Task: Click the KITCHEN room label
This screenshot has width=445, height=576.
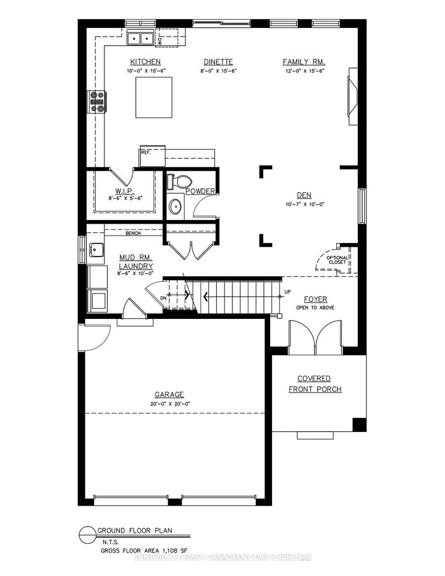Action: [145, 62]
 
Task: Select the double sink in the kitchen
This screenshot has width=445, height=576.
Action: [140, 40]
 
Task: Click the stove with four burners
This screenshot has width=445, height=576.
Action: [98, 102]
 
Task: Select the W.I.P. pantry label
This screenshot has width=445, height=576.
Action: [125, 191]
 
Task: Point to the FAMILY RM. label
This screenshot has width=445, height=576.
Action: [304, 62]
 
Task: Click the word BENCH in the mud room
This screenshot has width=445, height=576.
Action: [133, 233]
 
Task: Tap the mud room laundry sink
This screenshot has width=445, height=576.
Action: [96, 250]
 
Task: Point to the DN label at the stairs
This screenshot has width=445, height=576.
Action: [163, 297]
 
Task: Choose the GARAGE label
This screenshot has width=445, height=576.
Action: [169, 394]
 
